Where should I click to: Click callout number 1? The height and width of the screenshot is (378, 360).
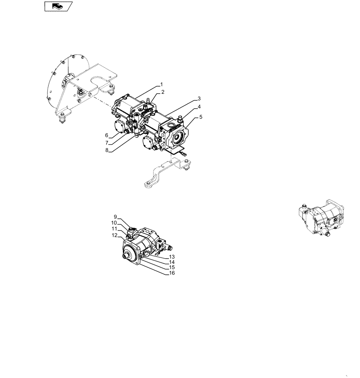tap(161, 84)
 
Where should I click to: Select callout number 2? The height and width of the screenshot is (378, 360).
tap(163, 92)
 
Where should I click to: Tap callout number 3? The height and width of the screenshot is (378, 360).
tap(199, 99)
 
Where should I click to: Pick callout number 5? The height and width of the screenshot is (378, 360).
tap(201, 117)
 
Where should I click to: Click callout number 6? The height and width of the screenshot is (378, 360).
tap(107, 135)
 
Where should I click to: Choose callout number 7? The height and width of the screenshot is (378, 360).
tap(107, 143)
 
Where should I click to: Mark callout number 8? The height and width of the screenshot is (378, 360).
tap(107, 150)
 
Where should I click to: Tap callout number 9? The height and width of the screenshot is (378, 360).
tap(115, 217)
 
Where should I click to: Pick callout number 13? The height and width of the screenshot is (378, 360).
tap(172, 257)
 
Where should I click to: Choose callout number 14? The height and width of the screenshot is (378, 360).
tap(172, 262)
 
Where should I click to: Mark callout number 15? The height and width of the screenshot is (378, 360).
tap(172, 268)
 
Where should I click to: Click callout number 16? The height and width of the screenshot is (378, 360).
tap(172, 273)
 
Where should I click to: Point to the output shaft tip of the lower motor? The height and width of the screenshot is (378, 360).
tap(124, 258)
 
